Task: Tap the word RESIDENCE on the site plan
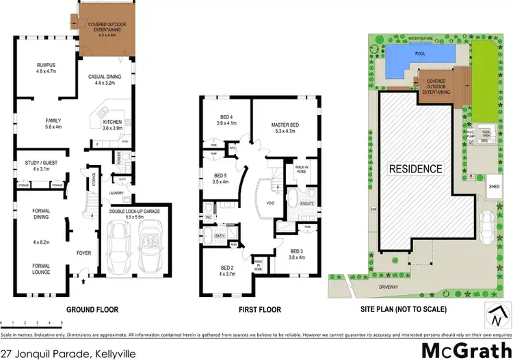click(x=415, y=168)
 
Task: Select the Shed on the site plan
click(x=494, y=185)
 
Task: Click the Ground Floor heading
click(x=92, y=309)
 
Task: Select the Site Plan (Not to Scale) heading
click(x=404, y=309)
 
